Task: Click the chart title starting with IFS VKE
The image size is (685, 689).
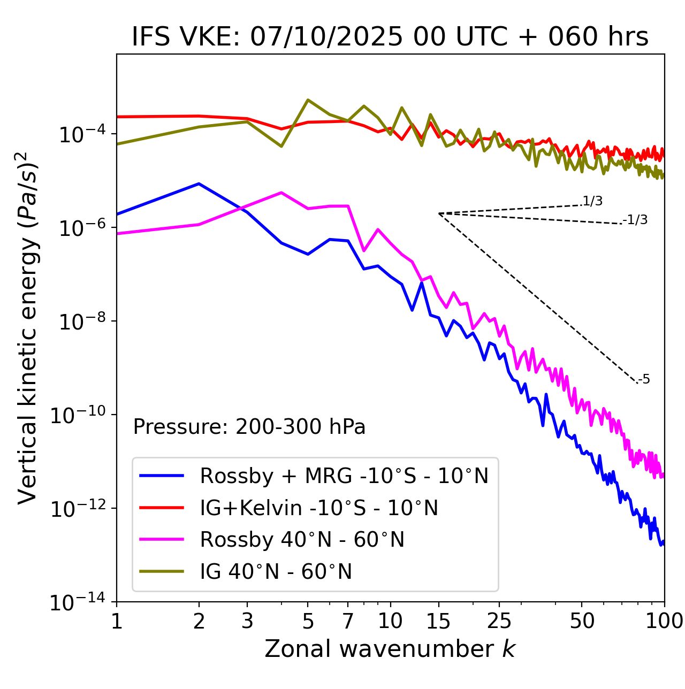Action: tap(390, 37)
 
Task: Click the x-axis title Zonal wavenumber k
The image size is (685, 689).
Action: tap(390, 648)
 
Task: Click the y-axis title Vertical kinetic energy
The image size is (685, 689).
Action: tap(28, 328)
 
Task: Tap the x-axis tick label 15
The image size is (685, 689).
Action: tap(438, 621)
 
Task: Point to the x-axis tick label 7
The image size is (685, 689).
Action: tap(348, 621)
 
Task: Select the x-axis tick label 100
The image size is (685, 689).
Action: tap(664, 621)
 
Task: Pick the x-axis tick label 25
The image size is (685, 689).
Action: tap(499, 621)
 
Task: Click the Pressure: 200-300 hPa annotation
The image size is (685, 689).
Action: tap(249, 427)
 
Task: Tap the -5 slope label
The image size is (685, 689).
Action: tap(644, 379)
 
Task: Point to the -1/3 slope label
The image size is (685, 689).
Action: tap(635, 220)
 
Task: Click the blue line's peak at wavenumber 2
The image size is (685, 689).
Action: tap(199, 183)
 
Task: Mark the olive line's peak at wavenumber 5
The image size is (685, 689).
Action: tap(308, 99)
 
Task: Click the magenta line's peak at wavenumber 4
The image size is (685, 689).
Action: tap(281, 193)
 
